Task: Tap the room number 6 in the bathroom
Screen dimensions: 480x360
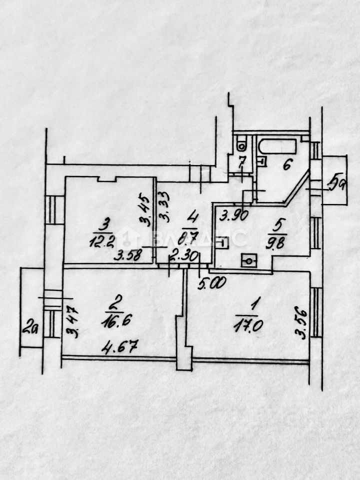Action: [x=286, y=164]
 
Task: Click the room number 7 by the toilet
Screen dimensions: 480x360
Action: [x=241, y=161]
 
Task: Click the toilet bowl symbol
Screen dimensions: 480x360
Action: [x=241, y=145]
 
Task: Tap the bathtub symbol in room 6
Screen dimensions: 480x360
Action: [x=277, y=146]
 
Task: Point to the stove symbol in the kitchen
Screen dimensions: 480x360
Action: [x=249, y=260]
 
